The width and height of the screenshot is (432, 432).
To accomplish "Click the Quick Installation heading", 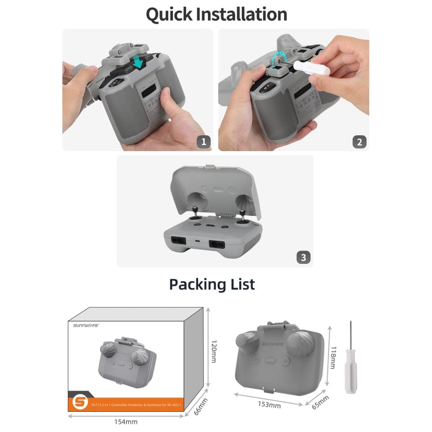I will pos(216,14).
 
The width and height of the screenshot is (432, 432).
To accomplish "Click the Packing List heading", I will pos(212,284).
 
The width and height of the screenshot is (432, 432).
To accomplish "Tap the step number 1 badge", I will pos(203,141).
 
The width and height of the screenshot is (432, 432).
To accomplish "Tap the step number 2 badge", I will pos(359,141).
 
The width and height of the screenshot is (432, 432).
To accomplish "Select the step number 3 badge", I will pos(304,257).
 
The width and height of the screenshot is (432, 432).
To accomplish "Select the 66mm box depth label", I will pos(199,407).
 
